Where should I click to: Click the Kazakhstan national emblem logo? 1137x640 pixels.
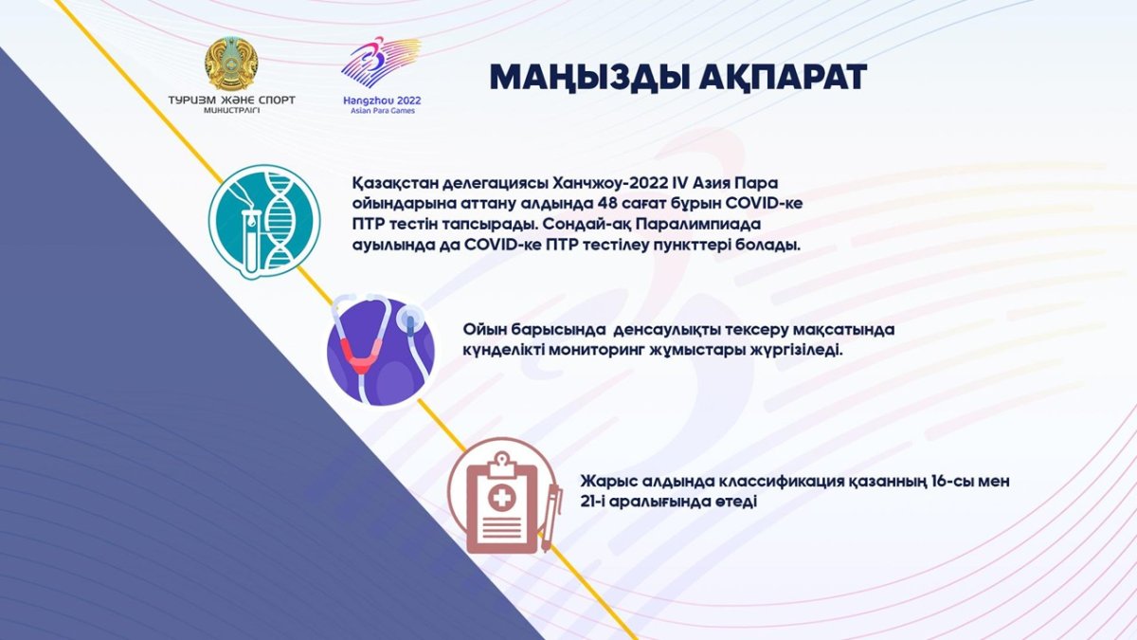click(x=231, y=64)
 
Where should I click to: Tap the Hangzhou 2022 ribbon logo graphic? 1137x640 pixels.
click(x=381, y=62)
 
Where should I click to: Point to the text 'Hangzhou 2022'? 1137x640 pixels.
click(x=382, y=101)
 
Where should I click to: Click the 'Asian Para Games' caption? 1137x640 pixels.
click(x=383, y=111)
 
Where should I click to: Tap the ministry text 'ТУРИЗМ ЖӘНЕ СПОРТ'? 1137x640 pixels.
click(x=231, y=101)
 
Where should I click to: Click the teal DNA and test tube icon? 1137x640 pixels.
click(x=264, y=222)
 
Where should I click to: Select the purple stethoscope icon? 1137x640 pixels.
click(x=381, y=351)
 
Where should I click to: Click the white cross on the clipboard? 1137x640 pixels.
click(x=501, y=497)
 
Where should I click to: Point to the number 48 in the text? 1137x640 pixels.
click(x=609, y=203)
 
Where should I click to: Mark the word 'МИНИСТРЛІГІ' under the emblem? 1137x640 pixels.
click(x=231, y=111)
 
